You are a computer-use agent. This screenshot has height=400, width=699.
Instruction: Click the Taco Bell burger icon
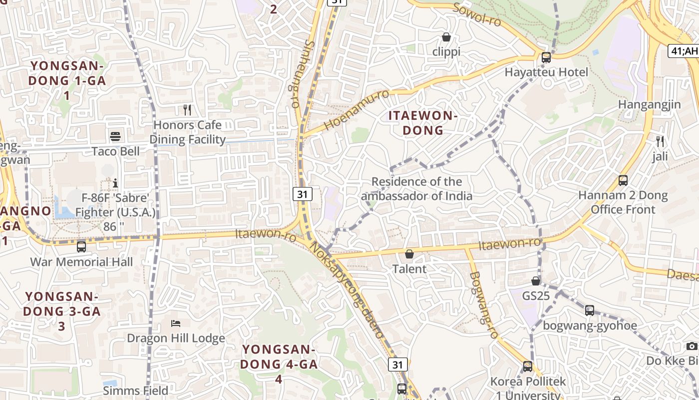(115, 136)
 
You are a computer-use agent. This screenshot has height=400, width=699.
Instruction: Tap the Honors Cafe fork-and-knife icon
(187, 109)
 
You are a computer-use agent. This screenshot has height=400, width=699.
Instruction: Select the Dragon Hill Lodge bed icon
(175, 323)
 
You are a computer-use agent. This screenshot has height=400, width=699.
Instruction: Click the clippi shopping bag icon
(446, 37)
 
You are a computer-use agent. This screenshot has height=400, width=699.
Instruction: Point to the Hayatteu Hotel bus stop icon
(546, 57)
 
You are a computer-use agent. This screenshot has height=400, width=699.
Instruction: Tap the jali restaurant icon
(660, 141)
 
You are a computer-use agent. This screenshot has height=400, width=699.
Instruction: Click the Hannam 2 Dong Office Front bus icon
(623, 180)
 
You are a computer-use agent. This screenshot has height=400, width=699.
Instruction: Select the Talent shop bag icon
(409, 254)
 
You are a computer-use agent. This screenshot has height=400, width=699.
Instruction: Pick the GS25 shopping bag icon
(536, 281)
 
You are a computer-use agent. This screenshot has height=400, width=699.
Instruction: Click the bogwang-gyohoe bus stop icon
(590, 310)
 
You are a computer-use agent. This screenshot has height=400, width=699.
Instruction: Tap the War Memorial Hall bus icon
(81, 246)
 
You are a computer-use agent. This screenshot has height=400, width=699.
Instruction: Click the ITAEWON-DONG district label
(423, 123)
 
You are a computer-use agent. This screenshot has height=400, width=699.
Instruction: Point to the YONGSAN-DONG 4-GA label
(279, 363)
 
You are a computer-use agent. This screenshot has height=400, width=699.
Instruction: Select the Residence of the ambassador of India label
(416, 188)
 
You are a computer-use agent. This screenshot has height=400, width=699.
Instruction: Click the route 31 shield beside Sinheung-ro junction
(302, 194)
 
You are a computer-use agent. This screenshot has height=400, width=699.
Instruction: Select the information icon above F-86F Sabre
(115, 183)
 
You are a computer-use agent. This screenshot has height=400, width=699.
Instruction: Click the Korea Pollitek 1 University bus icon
(527, 366)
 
